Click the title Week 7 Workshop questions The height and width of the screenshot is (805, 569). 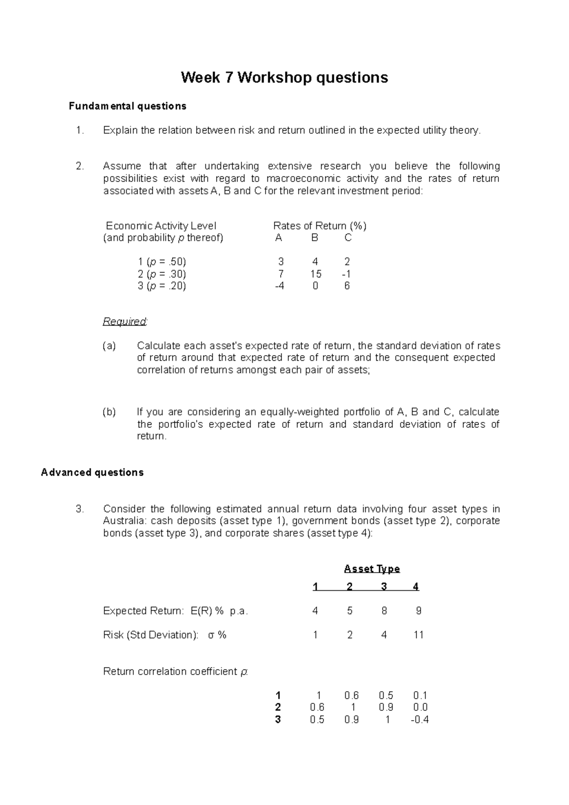coord(284,77)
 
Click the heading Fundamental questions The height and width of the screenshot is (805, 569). coord(128,106)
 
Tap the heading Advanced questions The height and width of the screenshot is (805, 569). coord(92,473)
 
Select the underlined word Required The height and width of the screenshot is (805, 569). coord(125,321)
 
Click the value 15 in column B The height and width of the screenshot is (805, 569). coord(316,274)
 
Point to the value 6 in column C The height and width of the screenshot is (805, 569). coord(347,286)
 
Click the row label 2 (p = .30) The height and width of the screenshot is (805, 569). coord(162,274)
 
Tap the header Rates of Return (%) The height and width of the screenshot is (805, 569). coord(320,226)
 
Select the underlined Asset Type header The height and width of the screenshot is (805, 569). coord(372,569)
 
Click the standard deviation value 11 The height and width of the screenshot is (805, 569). coord(418,635)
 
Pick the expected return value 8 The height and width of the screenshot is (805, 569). coord(384,611)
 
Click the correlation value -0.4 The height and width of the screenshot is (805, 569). coord(420,720)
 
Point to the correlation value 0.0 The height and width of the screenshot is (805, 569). coord(420,707)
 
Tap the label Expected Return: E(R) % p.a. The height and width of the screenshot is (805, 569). coord(175,611)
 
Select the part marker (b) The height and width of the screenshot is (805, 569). coord(109,412)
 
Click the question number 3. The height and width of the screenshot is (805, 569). coord(80,509)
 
